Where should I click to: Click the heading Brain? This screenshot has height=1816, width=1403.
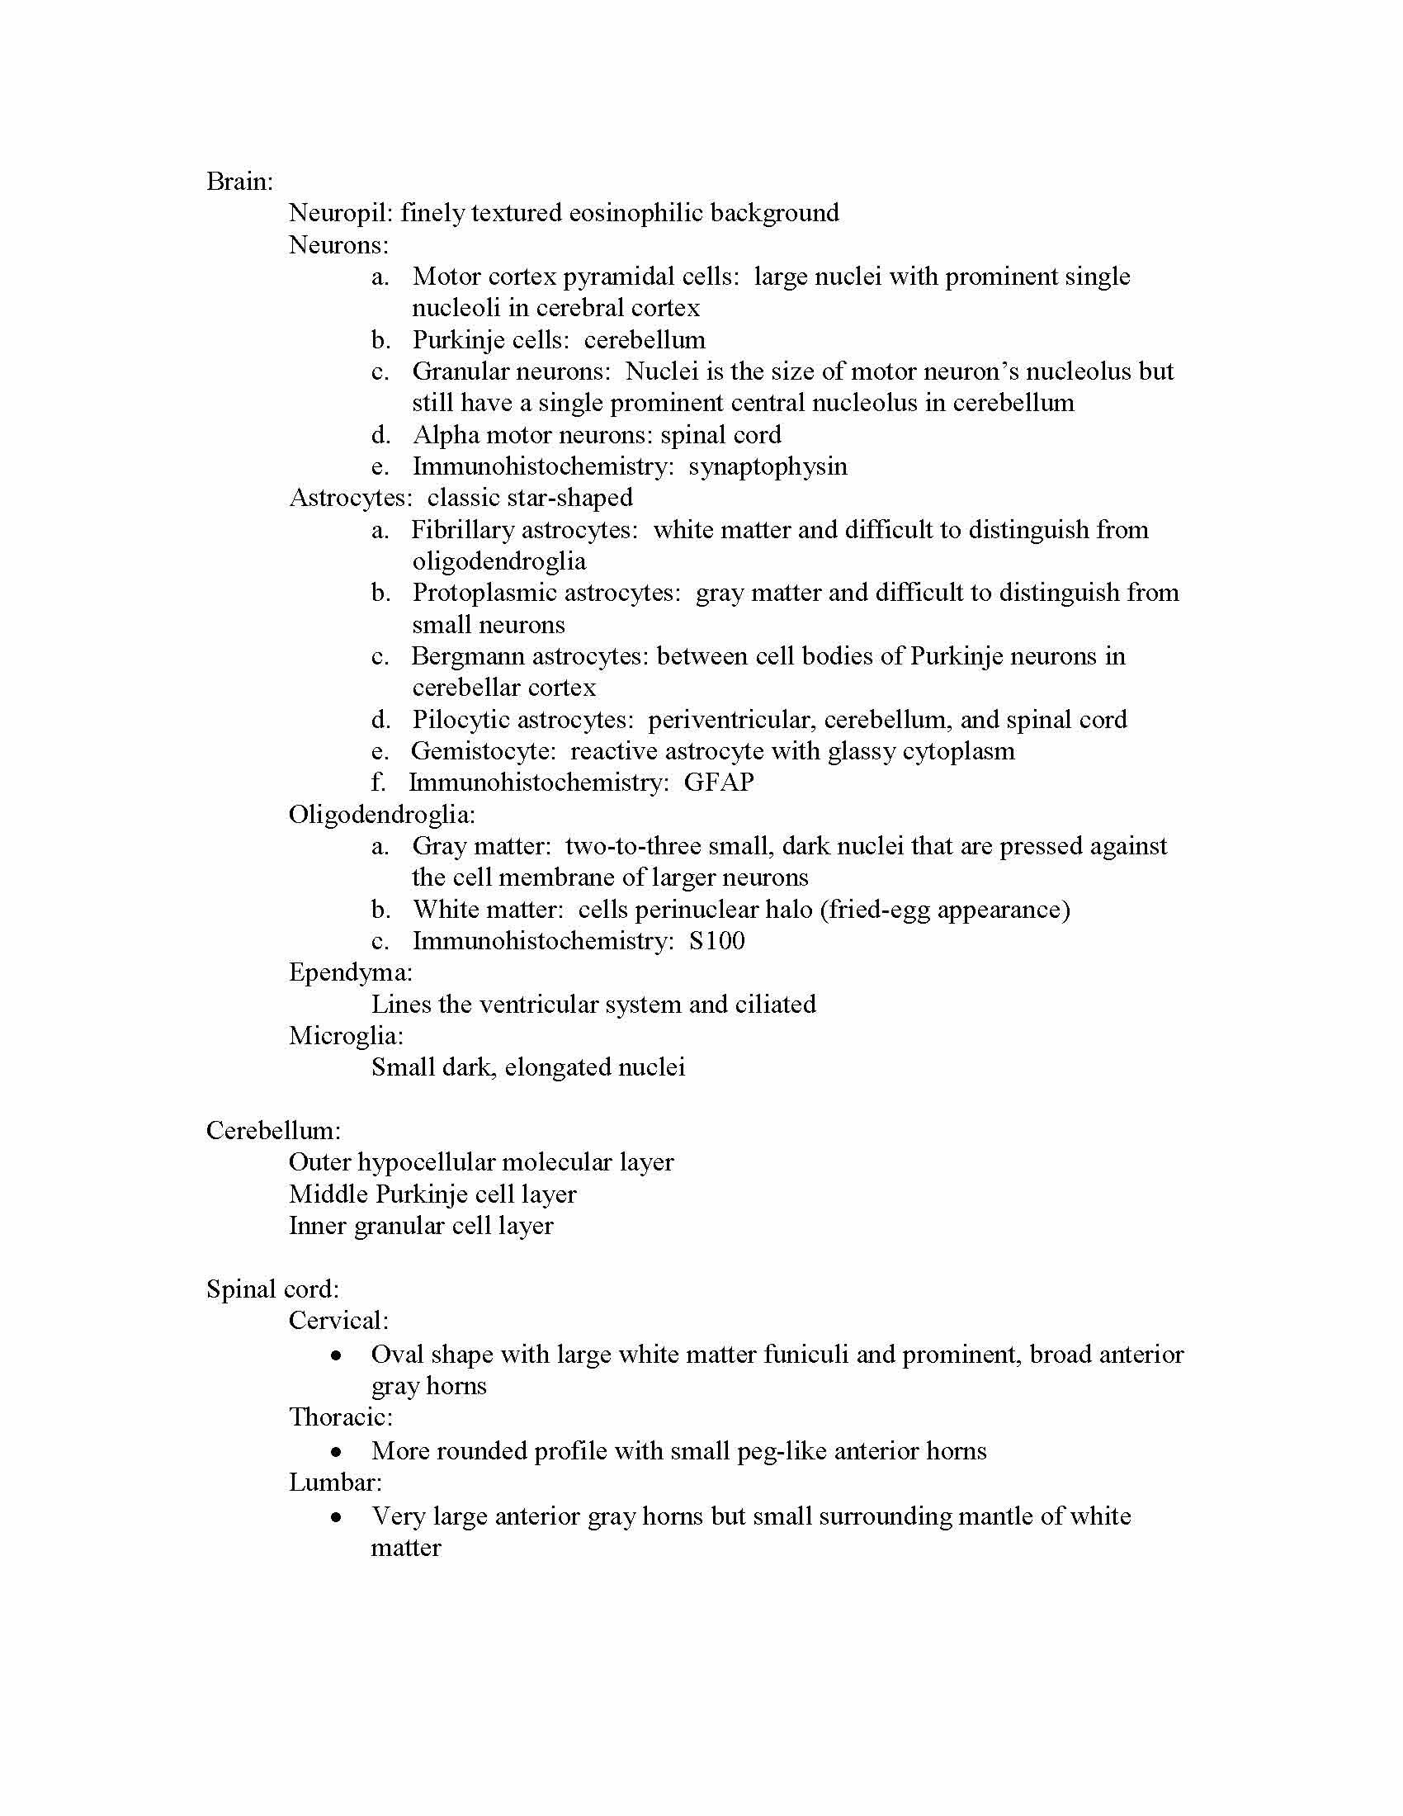(239, 182)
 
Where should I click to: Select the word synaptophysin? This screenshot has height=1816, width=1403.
(768, 466)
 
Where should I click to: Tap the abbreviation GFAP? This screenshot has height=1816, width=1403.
(719, 783)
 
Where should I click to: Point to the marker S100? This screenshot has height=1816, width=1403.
(716, 941)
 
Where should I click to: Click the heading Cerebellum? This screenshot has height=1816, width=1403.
(273, 1131)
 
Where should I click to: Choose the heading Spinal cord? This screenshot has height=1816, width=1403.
(272, 1289)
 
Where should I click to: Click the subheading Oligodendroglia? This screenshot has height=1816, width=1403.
(381, 814)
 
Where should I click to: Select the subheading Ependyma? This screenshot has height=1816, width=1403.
(350, 972)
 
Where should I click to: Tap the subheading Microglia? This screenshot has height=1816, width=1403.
(346, 1036)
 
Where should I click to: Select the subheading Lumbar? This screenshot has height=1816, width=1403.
(335, 1483)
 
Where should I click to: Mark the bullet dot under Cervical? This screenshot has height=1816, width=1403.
(336, 1356)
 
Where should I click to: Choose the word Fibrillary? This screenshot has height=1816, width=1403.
(468, 530)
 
